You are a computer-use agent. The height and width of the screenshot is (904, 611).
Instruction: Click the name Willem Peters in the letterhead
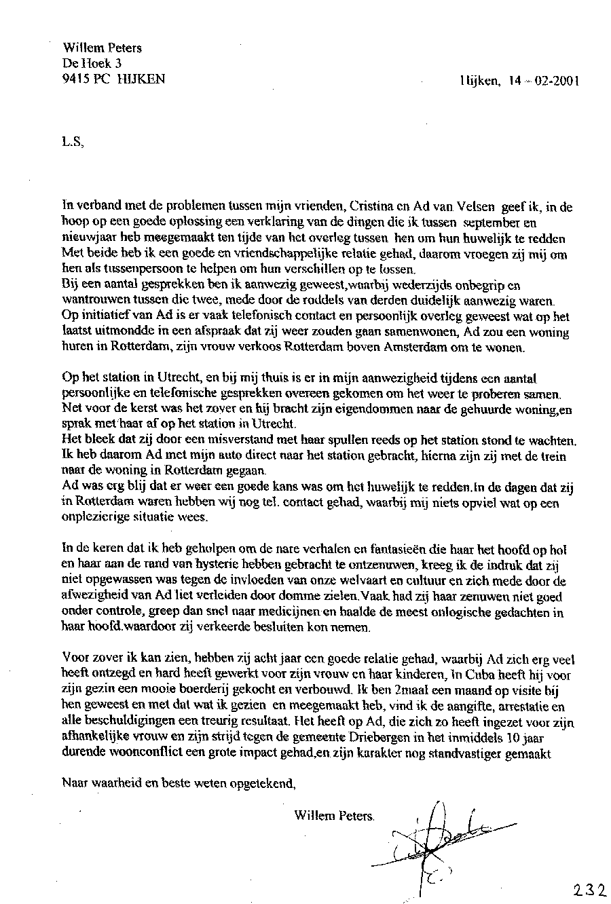click(102, 48)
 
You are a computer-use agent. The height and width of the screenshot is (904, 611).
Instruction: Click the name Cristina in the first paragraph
click(367, 206)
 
